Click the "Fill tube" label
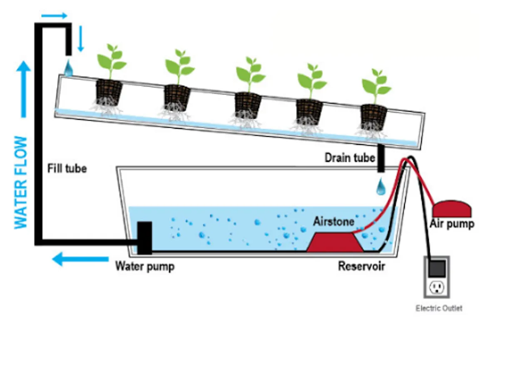(67, 168)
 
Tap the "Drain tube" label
(350, 157)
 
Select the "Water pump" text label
(144, 266)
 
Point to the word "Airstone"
(333, 221)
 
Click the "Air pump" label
(452, 224)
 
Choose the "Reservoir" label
(361, 266)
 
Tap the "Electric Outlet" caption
(439, 308)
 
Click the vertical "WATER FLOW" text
(21, 182)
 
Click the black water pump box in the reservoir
(144, 237)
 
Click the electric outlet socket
(437, 287)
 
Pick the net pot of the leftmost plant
(109, 92)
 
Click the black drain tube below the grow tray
(381, 158)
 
